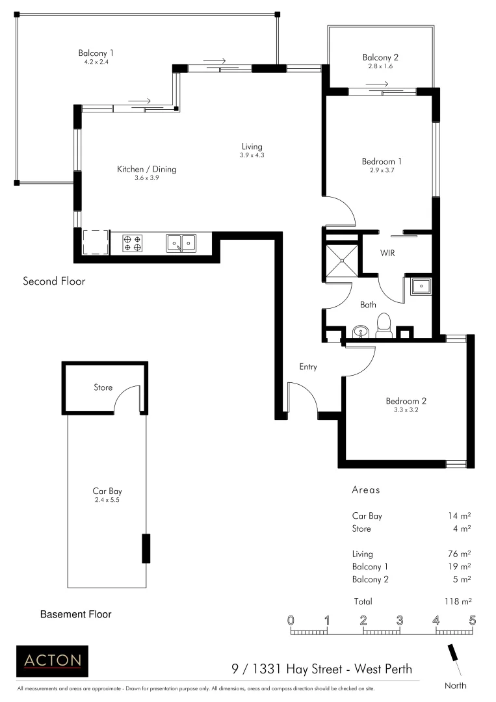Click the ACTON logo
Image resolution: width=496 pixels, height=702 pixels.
tap(52, 661)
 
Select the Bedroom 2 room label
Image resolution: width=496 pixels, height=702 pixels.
tap(406, 401)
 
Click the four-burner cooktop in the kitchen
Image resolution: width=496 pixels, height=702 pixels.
tap(133, 243)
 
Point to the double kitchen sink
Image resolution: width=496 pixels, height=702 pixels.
tap(180, 243)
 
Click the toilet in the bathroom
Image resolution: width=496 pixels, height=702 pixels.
tap(384, 326)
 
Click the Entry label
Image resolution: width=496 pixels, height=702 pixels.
tap(308, 367)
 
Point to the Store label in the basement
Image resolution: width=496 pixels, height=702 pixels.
tap(103, 387)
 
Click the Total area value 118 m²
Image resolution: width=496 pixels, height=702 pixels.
tap(458, 601)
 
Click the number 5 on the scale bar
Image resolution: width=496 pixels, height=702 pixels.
tap(472, 619)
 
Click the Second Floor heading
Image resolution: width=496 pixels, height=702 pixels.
tap(54, 281)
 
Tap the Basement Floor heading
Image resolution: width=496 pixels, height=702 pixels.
tap(76, 614)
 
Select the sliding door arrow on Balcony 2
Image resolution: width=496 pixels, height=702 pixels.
tap(377, 84)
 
